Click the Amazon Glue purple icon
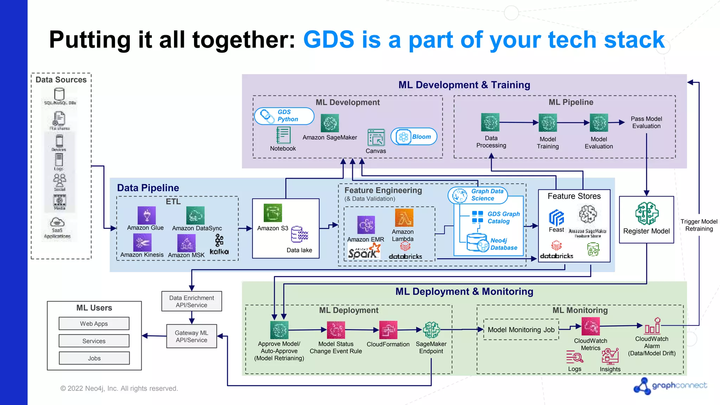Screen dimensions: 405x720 [147, 215]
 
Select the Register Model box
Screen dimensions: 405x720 [646, 220]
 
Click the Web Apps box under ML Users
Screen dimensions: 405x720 [94, 323]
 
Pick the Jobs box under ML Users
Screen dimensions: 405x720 [94, 358]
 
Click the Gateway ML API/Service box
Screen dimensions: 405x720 [192, 336]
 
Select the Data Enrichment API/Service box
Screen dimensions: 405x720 [192, 301]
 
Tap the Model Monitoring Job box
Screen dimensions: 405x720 [521, 329]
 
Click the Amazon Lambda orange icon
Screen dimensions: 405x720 [404, 218]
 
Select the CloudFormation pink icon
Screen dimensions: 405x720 [388, 330]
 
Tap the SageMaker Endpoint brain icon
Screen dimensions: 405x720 [431, 330]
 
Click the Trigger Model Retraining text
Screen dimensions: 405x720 [699, 225]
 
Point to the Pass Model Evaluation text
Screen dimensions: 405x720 [646, 122]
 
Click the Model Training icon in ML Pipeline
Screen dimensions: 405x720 [548, 123]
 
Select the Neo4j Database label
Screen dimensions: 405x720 [503, 244]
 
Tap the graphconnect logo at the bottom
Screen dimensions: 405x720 [670, 386]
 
